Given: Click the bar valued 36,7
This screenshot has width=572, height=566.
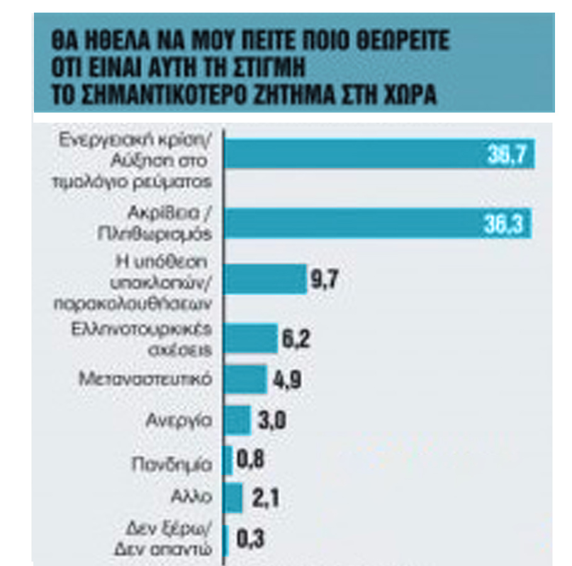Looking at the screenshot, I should point(378,154).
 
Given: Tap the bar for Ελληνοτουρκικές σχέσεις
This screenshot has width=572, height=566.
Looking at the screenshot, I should point(250,339).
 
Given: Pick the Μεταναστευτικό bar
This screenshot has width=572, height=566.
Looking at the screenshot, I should point(245,380).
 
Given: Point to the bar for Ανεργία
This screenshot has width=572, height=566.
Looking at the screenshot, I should point(237,419).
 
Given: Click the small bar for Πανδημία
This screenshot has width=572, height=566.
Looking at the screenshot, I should point(228,461).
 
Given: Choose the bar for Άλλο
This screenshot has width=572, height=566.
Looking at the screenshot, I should point(233,499).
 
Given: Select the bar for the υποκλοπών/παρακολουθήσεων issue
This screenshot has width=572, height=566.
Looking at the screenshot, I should point(264,279).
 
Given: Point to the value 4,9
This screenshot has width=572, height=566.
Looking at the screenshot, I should point(286,381).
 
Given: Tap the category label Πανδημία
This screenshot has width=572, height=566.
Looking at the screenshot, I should point(179,462).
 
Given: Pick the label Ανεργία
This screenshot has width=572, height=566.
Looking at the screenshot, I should point(188,419).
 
